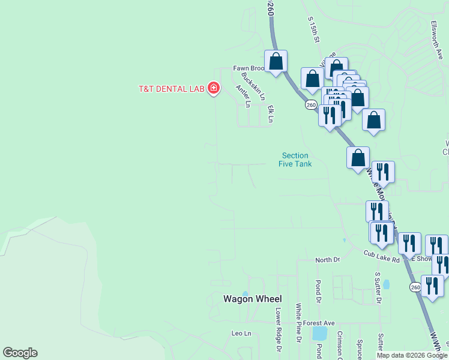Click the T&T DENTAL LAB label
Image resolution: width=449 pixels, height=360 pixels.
coord(172,89)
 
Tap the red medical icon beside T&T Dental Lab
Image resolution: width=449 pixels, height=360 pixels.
coord(213,89)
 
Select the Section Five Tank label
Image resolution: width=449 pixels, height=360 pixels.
coord(295,160)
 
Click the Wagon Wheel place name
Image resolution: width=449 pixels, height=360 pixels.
coord(253,299)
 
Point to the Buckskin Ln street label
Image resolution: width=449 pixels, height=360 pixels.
coord(253,86)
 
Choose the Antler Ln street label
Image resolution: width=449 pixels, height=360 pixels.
coord(243,96)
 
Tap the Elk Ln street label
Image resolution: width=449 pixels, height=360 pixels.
coord(271,114)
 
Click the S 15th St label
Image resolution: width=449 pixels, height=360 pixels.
coord(314,29)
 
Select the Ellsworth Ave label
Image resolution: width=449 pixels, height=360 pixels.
coord(436,40)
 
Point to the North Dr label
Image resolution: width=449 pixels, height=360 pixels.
coord(328,260)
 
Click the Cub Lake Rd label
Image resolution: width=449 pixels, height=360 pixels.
coord(381,256)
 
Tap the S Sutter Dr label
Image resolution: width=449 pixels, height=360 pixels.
coord(378,287)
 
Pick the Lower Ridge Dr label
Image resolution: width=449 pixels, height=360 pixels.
coord(278,329)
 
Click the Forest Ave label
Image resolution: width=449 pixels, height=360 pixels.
coord(318,323)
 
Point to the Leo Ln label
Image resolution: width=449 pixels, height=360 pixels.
coord(241,333)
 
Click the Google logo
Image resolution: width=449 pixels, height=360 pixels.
coord(20,353)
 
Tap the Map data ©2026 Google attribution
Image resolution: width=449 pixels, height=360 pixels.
coord(412,355)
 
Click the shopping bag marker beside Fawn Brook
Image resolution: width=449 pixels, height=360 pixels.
coord(276,61)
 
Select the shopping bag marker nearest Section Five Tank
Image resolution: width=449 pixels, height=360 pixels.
coord(358,158)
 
